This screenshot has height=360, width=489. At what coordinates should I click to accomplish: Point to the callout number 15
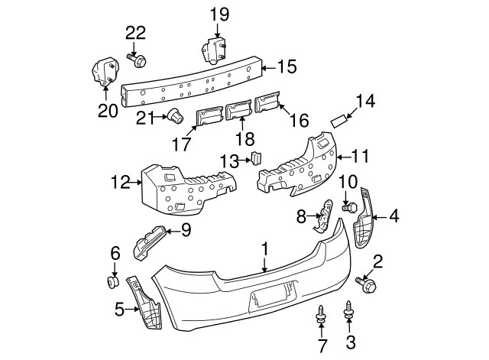[286, 66]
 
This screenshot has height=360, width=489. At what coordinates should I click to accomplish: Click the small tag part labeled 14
[339, 121]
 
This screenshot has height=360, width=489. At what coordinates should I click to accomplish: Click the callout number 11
[360, 157]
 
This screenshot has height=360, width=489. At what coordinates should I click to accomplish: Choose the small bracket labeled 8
[325, 215]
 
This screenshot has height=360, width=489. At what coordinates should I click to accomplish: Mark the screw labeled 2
[371, 286]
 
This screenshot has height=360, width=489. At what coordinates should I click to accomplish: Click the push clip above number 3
[351, 310]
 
